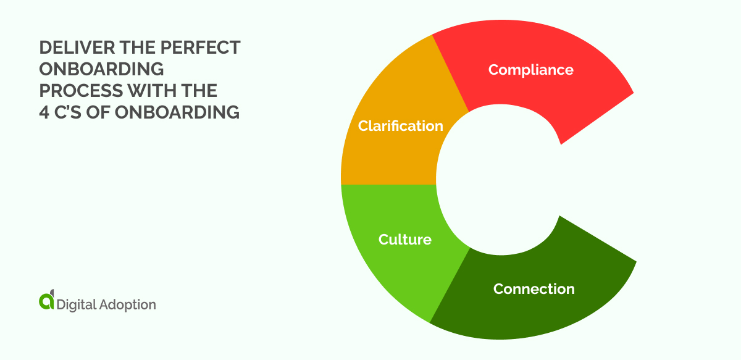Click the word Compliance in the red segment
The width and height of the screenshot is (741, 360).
point(530,70)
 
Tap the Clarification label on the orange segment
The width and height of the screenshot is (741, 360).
point(401,126)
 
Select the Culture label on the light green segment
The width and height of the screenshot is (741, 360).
point(404,239)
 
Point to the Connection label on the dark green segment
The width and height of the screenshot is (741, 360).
point(534,288)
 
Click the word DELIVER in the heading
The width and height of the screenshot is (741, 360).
point(68,49)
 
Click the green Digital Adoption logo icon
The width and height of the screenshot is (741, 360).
point(47,300)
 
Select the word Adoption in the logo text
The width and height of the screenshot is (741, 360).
point(127,304)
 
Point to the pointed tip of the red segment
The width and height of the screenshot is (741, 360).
point(633,93)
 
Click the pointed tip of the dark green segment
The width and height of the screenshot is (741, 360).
point(635,261)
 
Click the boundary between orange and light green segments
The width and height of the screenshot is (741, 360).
point(389,185)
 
